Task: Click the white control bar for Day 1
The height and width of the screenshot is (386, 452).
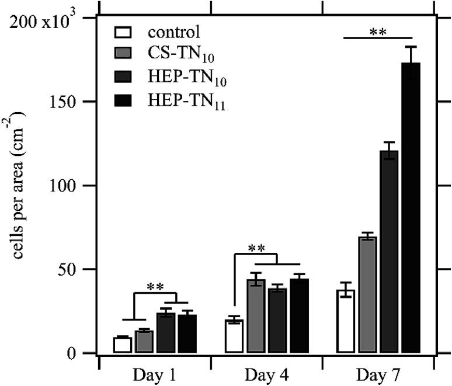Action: click(x=122, y=345)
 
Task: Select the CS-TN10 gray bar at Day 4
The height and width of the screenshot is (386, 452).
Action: click(x=256, y=316)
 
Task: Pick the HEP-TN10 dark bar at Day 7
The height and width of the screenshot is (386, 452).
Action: click(x=390, y=252)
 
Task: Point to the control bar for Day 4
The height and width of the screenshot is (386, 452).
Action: click(x=234, y=336)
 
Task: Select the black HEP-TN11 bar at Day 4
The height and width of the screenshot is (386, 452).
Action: click(x=299, y=316)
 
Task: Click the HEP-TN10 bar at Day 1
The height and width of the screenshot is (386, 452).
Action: click(x=166, y=333)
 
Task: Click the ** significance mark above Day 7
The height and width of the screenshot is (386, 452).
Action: click(x=377, y=31)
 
